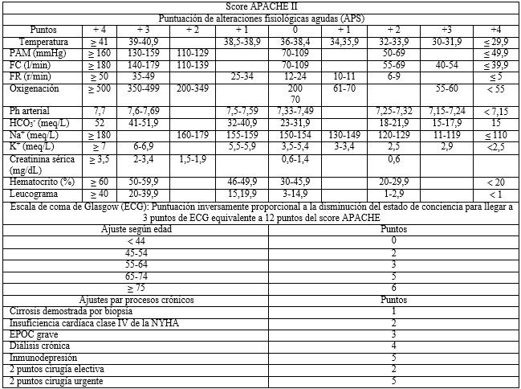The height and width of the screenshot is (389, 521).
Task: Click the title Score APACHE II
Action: [261, 7]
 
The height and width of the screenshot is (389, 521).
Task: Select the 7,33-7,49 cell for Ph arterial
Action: [295, 109]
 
